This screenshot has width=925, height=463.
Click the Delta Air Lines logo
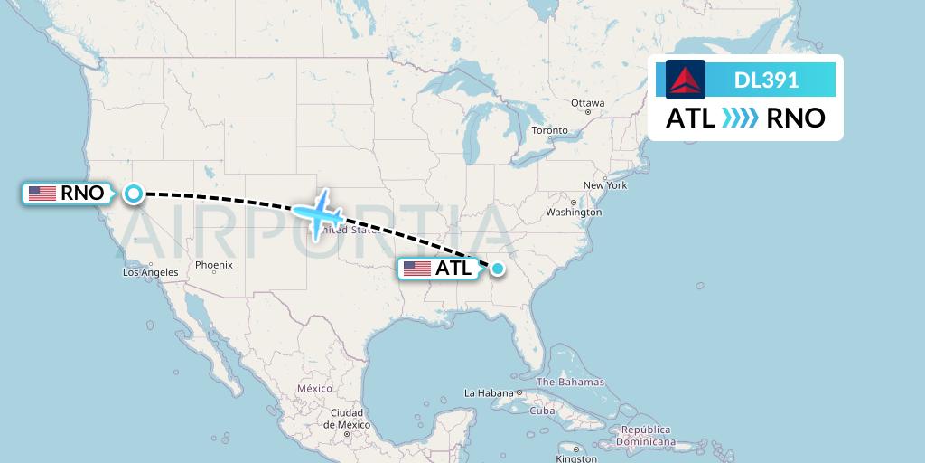pyautogui.click(x=686, y=80)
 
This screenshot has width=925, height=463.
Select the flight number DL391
pyautogui.click(x=766, y=80)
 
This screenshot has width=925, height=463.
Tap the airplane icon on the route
pyautogui.click(x=317, y=213)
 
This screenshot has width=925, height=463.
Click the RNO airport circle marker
pyautogui.click(x=133, y=193)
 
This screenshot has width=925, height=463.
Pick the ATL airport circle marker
pyautogui.click(x=497, y=268)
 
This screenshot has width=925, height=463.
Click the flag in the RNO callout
pyautogui.click(x=42, y=193)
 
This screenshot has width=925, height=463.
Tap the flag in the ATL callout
pyautogui.click(x=416, y=269)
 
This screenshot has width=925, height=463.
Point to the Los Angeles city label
pyautogui.click(x=151, y=272)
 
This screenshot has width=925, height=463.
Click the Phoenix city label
pyautogui.click(x=213, y=265)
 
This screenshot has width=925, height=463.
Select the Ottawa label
pyautogui.click(x=587, y=103)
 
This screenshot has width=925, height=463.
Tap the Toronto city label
pyautogui.click(x=549, y=130)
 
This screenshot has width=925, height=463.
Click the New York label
pyautogui.click(x=605, y=185)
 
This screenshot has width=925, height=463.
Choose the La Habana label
pyautogui.click(x=487, y=393)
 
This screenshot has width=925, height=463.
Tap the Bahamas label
pyautogui.click(x=573, y=382)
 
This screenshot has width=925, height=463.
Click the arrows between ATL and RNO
pyautogui.click(x=741, y=118)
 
